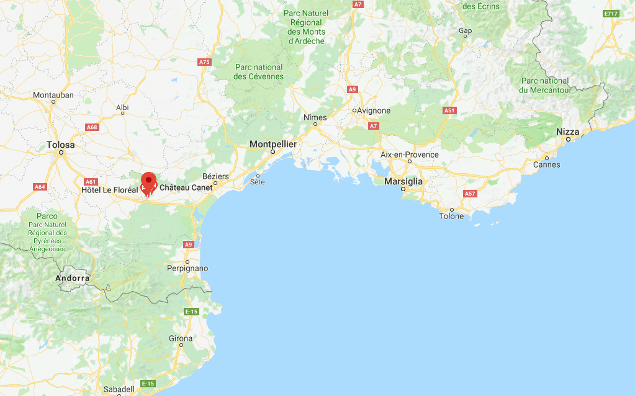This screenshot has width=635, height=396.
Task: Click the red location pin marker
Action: (x=148, y=181)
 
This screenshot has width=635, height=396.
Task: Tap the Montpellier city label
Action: (x=273, y=144)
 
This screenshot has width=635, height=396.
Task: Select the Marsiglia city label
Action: (x=403, y=181)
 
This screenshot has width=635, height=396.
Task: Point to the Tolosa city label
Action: (x=61, y=145)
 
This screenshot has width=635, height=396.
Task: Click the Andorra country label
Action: (x=73, y=278)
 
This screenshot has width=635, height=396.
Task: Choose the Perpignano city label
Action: (x=187, y=268)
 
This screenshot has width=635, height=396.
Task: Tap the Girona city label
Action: (x=181, y=338)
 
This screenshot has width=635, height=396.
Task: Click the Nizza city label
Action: (x=567, y=132)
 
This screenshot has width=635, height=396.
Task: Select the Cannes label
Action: (x=546, y=164)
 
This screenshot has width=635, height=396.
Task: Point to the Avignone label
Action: (x=373, y=110)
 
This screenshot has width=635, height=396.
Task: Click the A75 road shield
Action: (x=204, y=62)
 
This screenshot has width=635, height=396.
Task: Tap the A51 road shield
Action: (x=449, y=110)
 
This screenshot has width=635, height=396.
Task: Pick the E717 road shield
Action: (x=611, y=14)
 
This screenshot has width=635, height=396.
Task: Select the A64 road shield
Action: (x=40, y=186)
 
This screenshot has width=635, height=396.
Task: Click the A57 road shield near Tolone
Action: (x=470, y=194)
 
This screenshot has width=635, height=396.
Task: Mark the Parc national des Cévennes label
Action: (x=258, y=72)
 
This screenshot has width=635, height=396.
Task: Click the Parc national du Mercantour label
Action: (x=545, y=86)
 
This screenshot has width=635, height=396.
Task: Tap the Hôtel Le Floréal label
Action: (x=109, y=189)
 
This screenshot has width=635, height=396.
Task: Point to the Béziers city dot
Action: (x=215, y=183)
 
